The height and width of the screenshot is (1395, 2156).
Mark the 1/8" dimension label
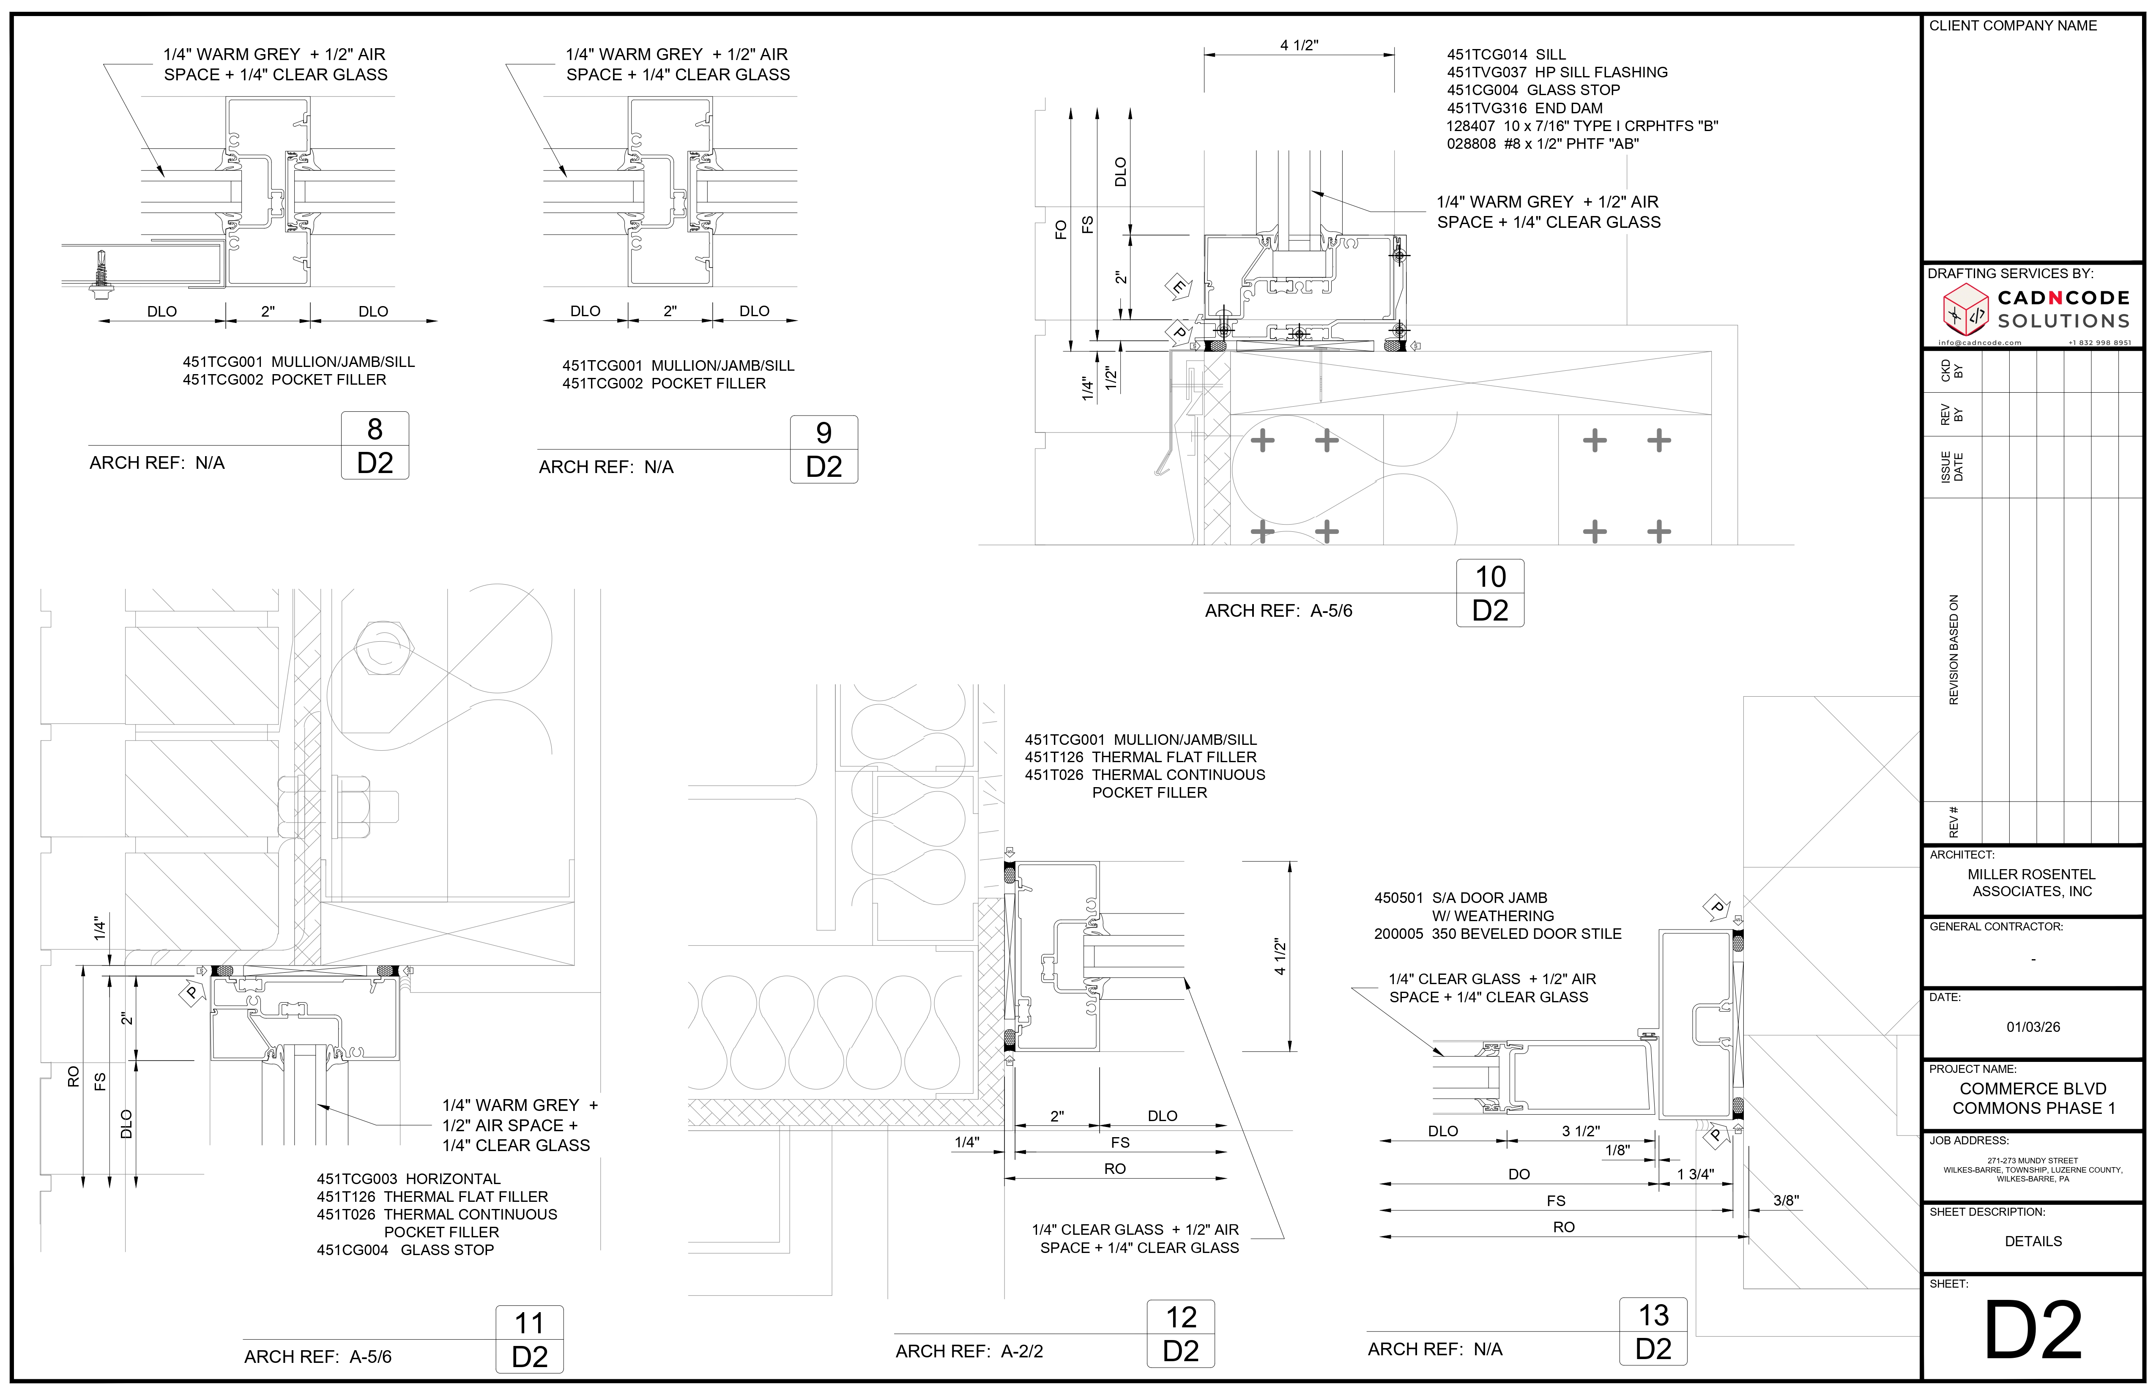pos(1617,1150)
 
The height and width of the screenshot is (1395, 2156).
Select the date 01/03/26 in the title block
pos(2033,1026)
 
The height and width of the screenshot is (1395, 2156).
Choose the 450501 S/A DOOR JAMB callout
pos(1460,898)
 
